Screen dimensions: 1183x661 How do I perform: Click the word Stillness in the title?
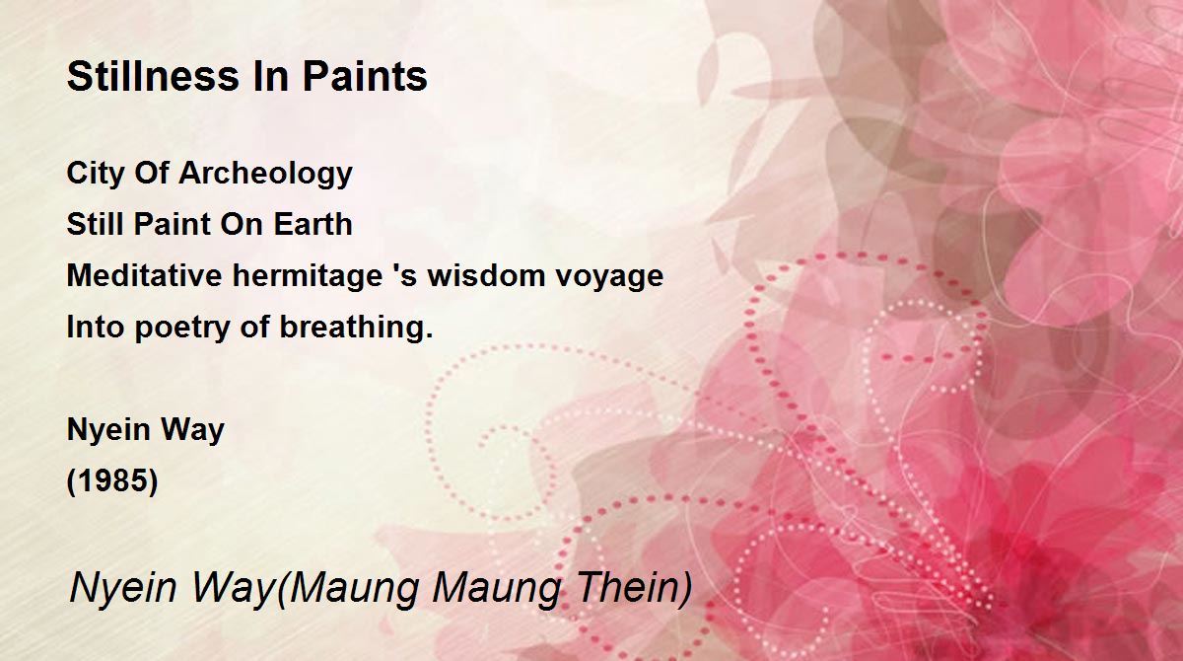click(x=153, y=76)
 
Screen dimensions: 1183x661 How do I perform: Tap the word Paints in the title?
click(x=365, y=76)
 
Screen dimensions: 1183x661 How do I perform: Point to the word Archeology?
click(x=265, y=174)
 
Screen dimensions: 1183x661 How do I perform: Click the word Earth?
click(x=313, y=224)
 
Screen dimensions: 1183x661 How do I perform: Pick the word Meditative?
click(x=144, y=275)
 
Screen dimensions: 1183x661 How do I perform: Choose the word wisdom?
click(x=479, y=275)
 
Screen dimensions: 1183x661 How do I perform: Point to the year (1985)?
click(x=112, y=480)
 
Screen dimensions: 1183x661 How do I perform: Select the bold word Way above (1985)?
click(x=193, y=430)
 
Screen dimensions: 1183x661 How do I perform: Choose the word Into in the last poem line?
click(x=96, y=328)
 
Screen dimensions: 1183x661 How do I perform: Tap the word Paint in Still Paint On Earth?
click(x=173, y=224)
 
